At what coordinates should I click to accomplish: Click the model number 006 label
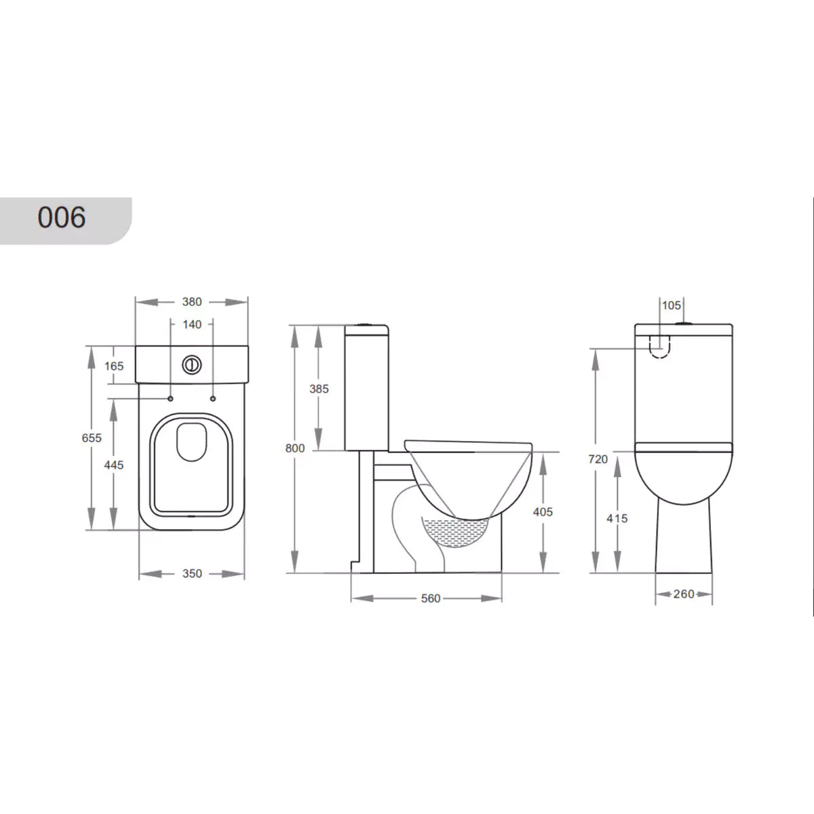(62, 218)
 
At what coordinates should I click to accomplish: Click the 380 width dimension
(192, 302)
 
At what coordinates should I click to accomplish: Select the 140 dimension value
(192, 325)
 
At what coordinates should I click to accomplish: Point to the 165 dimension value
(115, 366)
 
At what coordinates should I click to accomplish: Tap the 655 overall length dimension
(92, 438)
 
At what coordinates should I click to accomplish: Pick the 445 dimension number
(115, 465)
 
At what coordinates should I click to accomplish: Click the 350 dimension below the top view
(192, 574)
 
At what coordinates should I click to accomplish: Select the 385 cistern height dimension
(318, 389)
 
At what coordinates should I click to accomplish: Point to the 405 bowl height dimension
(543, 511)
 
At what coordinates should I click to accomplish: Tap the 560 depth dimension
(431, 598)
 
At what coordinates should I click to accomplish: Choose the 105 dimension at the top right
(671, 306)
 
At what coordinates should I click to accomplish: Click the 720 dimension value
(598, 459)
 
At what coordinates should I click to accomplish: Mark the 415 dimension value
(618, 518)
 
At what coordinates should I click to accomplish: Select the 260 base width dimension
(684, 594)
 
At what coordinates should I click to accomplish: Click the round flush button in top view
(192, 365)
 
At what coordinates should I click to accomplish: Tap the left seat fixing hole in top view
(170, 398)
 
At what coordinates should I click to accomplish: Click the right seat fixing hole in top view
(213, 398)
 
